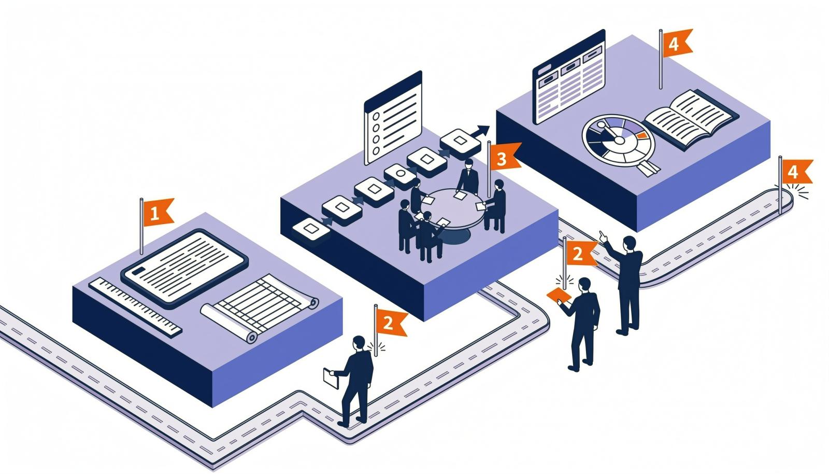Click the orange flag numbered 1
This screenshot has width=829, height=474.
[158, 212]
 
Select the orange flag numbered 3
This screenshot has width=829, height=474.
[505, 157]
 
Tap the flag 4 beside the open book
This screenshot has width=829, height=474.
[677, 43]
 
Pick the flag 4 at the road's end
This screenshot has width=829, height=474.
[797, 172]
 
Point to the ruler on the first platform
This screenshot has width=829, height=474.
[135, 308]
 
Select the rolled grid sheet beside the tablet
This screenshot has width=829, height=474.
[260, 308]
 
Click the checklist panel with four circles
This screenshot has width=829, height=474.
[393, 118]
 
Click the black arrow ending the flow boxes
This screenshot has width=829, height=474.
[480, 131]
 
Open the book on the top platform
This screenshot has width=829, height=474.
[691, 118]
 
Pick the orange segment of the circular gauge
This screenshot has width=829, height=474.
[642, 135]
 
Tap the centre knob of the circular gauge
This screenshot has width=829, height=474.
[619, 141]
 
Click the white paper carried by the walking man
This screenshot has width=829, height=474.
[331, 378]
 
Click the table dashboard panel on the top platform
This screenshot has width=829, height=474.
[569, 77]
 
